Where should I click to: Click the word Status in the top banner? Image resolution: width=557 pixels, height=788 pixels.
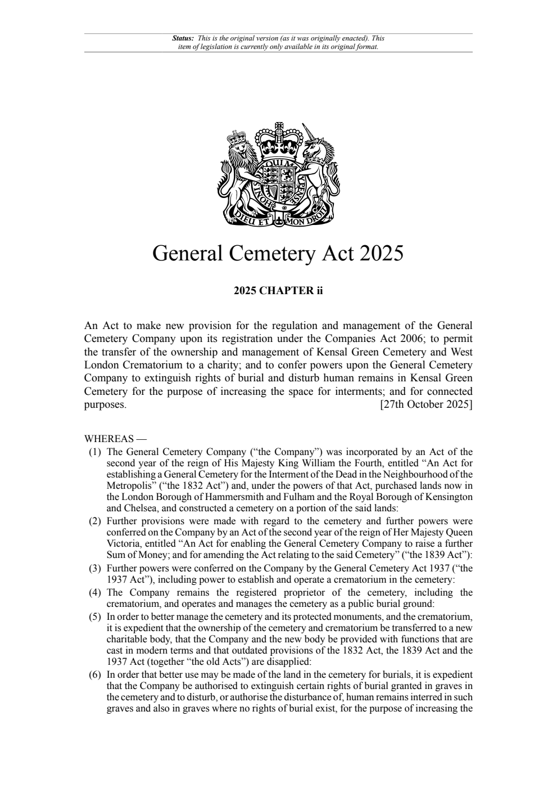182,38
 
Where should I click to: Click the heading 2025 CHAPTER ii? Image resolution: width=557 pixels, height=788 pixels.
278,291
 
